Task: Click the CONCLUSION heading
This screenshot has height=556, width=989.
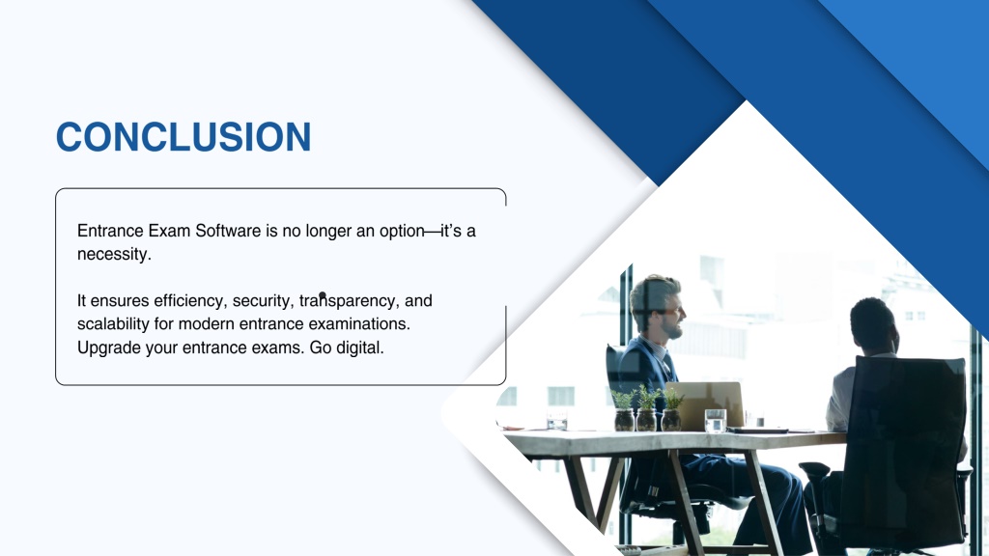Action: click(x=184, y=137)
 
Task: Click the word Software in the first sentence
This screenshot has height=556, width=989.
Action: click(x=228, y=231)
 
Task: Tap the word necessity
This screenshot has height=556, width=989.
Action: click(x=114, y=255)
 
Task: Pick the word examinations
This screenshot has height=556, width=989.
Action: click(x=359, y=324)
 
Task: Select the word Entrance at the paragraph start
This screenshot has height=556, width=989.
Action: click(x=110, y=231)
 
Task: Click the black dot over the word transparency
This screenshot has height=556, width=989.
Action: click(x=323, y=295)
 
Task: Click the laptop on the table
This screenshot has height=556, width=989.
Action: click(x=704, y=405)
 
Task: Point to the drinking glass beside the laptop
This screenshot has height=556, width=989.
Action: click(x=716, y=421)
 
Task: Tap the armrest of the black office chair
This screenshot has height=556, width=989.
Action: click(x=814, y=470)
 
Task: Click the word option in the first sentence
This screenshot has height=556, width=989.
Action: click(x=402, y=232)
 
